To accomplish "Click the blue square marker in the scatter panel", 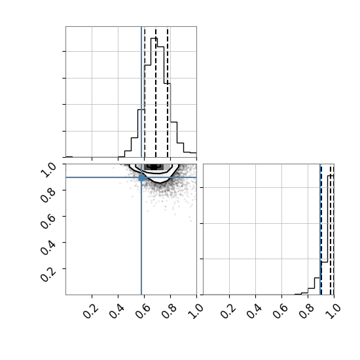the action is click(141, 177).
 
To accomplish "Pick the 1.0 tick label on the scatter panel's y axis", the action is click(48, 170).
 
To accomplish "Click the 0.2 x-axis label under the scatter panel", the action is click(91, 311).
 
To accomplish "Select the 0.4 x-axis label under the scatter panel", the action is click(117, 311).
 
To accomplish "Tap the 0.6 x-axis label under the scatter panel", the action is click(143, 311).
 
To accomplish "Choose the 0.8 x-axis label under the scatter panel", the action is click(170, 311).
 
